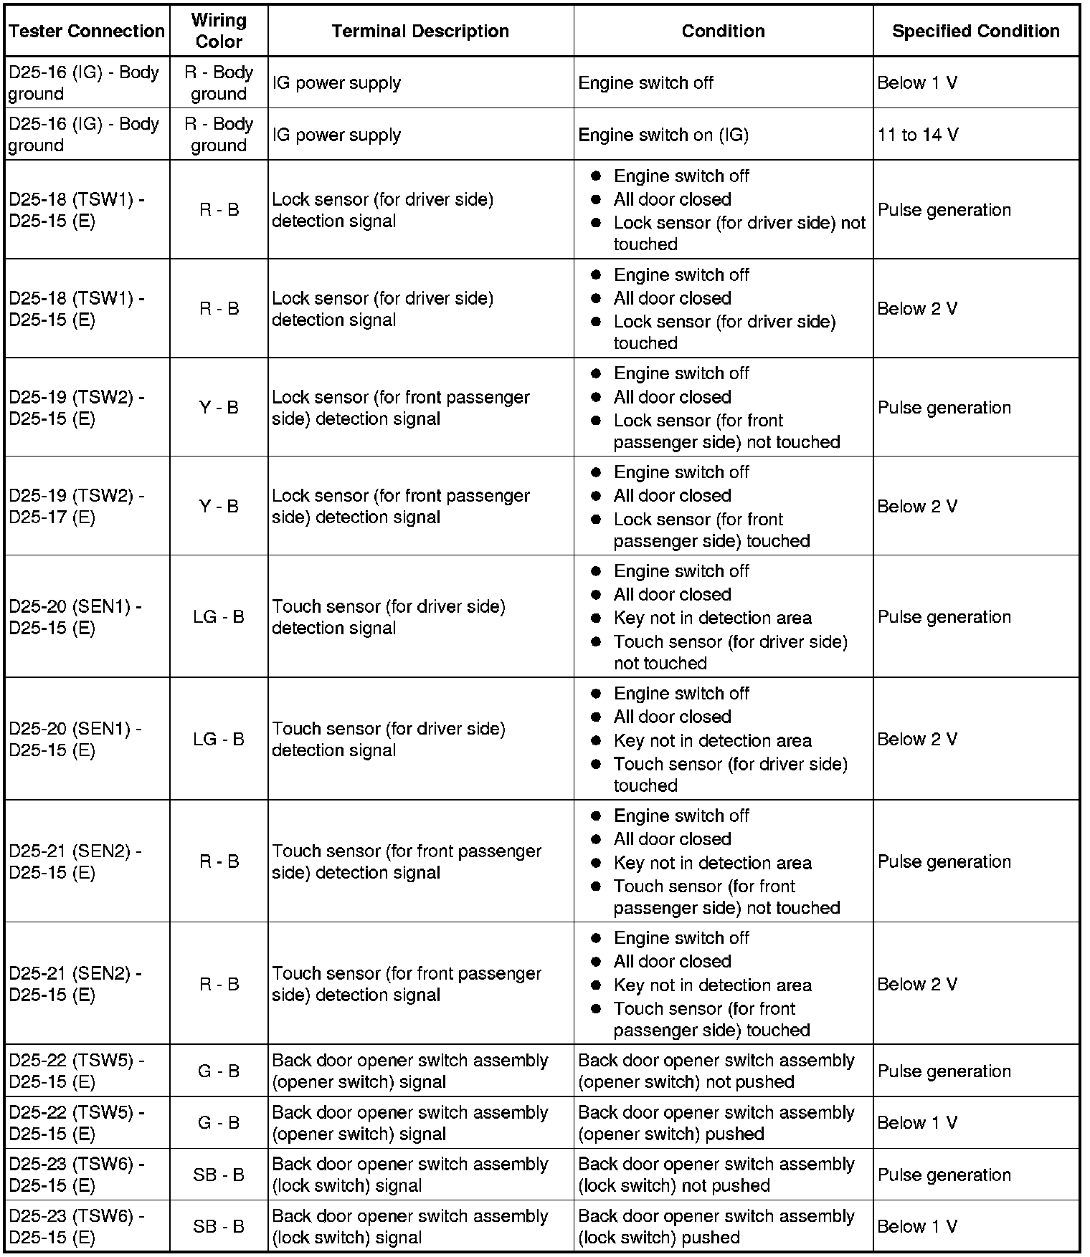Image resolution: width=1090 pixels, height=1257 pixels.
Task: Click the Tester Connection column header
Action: (x=87, y=32)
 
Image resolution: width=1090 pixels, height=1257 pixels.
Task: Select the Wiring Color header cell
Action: (x=219, y=32)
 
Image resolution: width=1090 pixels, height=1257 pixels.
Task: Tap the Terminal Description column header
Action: (x=420, y=32)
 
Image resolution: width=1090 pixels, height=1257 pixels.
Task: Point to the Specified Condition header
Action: (x=975, y=32)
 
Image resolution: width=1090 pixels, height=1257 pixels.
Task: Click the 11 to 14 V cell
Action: (x=918, y=135)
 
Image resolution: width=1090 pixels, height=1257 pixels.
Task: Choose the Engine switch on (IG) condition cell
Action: (x=663, y=135)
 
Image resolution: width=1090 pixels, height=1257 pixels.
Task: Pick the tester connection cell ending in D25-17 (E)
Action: (x=77, y=506)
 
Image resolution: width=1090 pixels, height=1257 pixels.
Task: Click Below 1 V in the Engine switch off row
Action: (x=917, y=83)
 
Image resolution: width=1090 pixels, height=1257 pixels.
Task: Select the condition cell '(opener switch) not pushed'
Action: (x=716, y=1071)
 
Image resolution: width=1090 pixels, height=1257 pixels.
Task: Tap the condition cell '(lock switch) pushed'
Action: (x=716, y=1226)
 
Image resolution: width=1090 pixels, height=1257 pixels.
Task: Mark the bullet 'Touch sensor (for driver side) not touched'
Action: (x=730, y=652)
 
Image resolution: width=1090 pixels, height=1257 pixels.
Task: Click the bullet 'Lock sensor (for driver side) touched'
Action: (x=724, y=332)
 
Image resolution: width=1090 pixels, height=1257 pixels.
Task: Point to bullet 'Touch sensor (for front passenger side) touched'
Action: (x=711, y=1019)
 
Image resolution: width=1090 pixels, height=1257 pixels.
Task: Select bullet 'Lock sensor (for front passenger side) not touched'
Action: (x=726, y=431)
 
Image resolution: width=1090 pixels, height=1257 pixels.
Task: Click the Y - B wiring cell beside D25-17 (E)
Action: (x=219, y=507)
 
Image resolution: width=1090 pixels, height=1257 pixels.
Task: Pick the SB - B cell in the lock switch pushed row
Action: (x=219, y=1226)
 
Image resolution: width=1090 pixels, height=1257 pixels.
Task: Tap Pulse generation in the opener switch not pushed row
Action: (x=944, y=1071)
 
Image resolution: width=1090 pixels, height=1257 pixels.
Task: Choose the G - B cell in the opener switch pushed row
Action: (x=219, y=1123)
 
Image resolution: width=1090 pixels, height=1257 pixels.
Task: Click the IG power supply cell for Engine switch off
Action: (x=336, y=83)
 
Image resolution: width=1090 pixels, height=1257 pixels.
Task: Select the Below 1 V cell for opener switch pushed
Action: (x=917, y=1123)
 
